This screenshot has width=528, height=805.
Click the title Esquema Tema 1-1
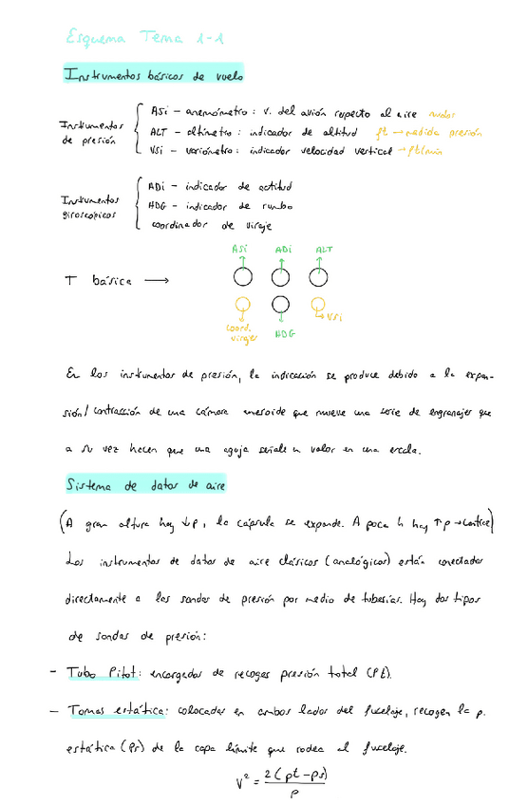[145, 38]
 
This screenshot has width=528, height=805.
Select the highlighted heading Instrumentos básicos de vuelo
[153, 74]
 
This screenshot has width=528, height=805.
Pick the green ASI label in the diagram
[241, 250]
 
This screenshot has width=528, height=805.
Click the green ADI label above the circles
[282, 250]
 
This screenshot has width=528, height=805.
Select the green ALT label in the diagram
[323, 250]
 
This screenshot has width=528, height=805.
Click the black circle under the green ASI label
[242, 278]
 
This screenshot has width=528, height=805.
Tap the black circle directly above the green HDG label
[280, 306]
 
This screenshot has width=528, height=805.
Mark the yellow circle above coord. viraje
[242, 306]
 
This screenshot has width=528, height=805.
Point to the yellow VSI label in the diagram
[333, 317]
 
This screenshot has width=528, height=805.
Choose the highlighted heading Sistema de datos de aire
[145, 485]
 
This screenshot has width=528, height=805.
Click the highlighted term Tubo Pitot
[103, 673]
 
